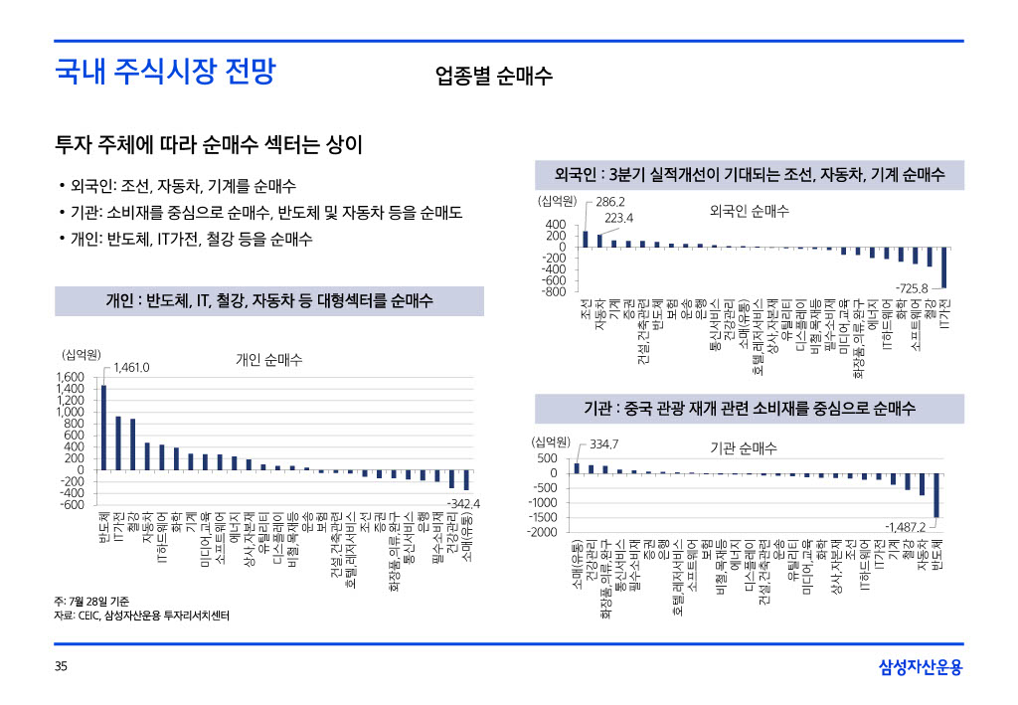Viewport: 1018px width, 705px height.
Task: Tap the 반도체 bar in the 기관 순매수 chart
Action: [936, 494]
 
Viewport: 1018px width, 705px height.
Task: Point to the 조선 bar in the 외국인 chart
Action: [586, 239]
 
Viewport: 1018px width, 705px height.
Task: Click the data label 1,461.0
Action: [131, 368]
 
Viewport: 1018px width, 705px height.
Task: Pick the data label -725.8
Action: [911, 288]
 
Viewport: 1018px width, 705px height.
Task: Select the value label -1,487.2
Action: [905, 526]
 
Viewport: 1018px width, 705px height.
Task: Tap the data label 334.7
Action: [605, 443]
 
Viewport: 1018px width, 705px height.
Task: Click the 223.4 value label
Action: [619, 218]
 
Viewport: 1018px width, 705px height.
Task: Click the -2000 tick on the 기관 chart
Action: [543, 532]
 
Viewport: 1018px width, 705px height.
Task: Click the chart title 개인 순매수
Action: [268, 359]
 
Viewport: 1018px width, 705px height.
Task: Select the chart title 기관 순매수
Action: [743, 448]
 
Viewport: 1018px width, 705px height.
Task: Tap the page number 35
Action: [61, 667]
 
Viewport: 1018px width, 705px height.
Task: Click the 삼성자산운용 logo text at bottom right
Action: [921, 667]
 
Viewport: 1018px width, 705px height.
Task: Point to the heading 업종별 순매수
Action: [493, 76]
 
